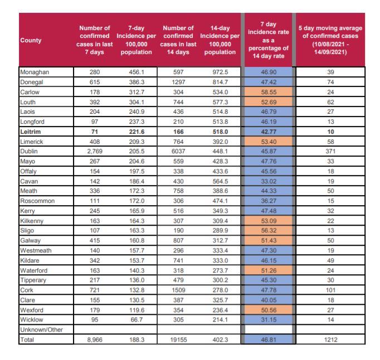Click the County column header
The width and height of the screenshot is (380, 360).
31,40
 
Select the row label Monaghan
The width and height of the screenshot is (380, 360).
35,72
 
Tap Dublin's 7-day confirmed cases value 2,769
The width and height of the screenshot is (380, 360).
95,151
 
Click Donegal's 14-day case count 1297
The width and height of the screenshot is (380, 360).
178,82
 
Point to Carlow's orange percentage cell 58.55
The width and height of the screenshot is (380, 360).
269,92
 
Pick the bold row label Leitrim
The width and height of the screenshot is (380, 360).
31,132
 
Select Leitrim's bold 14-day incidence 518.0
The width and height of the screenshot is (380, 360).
220,132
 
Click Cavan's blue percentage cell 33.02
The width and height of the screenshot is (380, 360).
269,181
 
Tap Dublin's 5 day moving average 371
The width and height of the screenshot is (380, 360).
330,151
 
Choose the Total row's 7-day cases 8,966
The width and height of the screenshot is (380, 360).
95,339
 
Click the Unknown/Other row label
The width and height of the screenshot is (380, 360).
41,330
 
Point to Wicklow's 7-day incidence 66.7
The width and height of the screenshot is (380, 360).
137,319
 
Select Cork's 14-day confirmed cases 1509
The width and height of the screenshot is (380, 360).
178,290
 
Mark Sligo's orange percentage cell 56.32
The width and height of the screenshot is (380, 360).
269,230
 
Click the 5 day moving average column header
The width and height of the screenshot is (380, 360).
330,40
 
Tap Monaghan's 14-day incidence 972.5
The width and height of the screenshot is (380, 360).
220,72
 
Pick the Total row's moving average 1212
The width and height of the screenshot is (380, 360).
330,339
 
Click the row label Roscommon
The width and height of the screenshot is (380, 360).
37,201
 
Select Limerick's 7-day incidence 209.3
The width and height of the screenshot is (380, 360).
137,142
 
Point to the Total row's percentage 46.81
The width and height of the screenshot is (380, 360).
269,339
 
